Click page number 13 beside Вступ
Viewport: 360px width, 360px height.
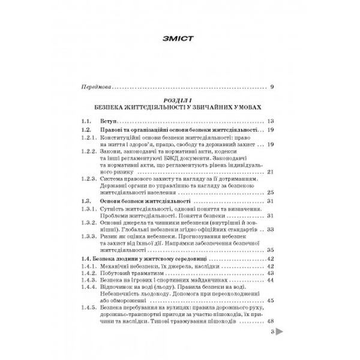[271, 121]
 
